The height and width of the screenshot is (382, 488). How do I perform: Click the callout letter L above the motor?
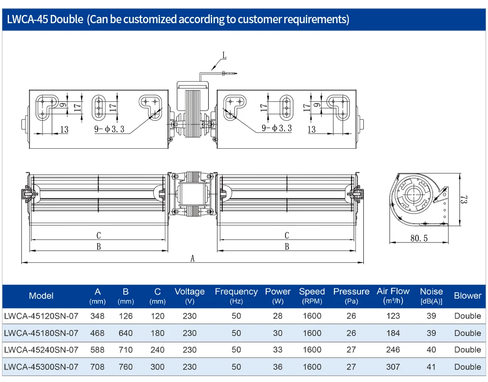coord(224,56)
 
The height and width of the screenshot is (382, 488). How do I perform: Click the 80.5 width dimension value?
coord(419,238)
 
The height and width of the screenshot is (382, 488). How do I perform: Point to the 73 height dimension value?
coord(464,199)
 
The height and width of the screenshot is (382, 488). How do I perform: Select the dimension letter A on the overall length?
coord(193,258)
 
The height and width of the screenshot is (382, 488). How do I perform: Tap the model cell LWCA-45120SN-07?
coord(41,316)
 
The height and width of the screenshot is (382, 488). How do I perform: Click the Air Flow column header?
coord(393,296)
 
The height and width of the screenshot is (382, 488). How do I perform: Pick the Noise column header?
coord(431,296)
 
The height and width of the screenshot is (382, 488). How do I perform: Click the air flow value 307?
coord(393,367)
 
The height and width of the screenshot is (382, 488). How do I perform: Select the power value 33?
coord(278,350)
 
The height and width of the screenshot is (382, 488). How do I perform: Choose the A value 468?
coord(98,333)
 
